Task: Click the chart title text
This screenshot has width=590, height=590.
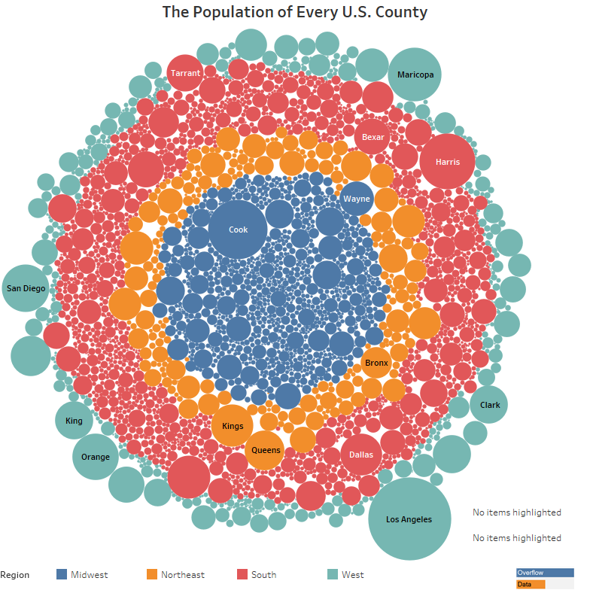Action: click(295, 12)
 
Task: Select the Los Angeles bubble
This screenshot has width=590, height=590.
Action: click(409, 519)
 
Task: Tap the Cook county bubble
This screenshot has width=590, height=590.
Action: click(238, 230)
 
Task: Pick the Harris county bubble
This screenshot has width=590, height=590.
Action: click(447, 161)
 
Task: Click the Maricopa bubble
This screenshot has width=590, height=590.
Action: click(415, 75)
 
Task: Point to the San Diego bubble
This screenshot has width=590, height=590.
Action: click(26, 287)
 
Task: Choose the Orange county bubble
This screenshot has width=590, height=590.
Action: click(96, 457)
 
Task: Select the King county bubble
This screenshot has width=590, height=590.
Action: click(74, 421)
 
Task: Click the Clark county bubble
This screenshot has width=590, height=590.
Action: click(489, 405)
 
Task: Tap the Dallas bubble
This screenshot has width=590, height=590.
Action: click(361, 455)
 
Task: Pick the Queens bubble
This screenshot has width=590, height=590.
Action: click(266, 450)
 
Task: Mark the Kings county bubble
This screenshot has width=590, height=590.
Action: click(233, 426)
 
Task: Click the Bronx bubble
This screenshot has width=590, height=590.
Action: click(376, 363)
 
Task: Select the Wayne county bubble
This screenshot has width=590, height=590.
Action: click(356, 199)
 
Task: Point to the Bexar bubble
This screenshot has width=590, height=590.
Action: click(373, 137)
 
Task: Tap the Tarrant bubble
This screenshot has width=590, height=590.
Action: click(184, 73)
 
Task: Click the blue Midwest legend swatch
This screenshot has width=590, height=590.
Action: click(62, 574)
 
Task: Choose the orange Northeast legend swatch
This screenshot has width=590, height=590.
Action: click(152, 574)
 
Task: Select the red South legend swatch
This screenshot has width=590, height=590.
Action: click(242, 574)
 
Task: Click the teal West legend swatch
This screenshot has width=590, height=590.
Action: click(333, 574)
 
